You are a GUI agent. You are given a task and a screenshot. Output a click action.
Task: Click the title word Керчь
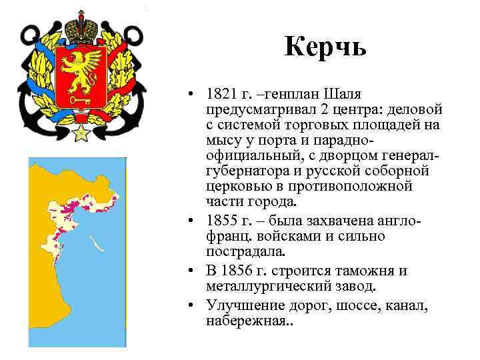pyautogui.click(x=325, y=48)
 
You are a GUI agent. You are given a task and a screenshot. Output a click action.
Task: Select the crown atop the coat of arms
pyautogui.click(x=82, y=26)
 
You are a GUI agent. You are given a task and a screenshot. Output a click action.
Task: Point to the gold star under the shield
pyautogui.click(x=82, y=132)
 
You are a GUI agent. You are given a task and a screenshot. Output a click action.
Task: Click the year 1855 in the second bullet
pyautogui.click(x=221, y=221)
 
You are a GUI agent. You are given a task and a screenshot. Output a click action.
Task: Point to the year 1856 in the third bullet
pyautogui.click(x=241, y=271)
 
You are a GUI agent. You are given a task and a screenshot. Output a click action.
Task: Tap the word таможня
pyautogui.click(x=373, y=271)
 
